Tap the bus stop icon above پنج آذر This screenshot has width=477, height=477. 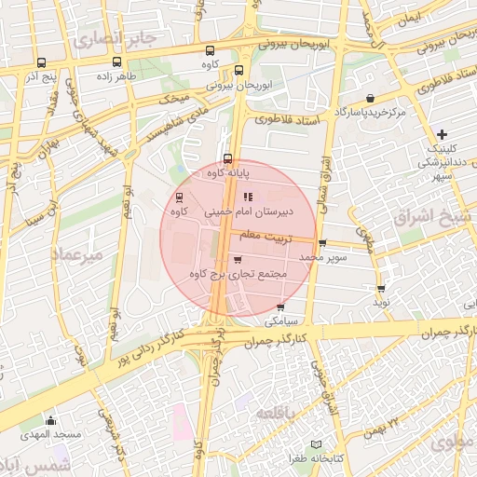39,64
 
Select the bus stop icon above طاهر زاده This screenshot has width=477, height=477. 117,64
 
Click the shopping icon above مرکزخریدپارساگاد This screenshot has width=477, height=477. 371,98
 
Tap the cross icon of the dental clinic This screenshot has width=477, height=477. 442,135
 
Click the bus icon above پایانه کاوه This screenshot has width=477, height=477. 227,158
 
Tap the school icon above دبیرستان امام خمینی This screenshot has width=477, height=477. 248,197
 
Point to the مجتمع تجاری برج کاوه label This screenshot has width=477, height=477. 238,275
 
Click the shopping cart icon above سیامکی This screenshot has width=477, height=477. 282,307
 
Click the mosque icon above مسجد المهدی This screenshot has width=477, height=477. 50,421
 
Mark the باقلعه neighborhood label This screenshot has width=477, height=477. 279,413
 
